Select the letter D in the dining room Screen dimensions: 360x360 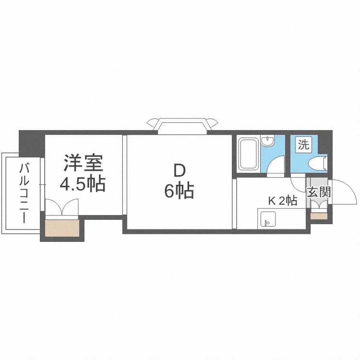[179, 170]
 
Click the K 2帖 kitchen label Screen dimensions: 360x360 [282, 201]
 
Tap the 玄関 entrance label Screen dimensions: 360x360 [318, 192]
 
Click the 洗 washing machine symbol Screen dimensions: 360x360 [303, 144]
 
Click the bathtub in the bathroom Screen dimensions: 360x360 [248, 154]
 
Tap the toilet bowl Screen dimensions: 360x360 [319, 163]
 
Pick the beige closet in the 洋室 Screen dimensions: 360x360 [62, 229]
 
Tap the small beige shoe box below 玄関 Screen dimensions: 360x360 [318, 216]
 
